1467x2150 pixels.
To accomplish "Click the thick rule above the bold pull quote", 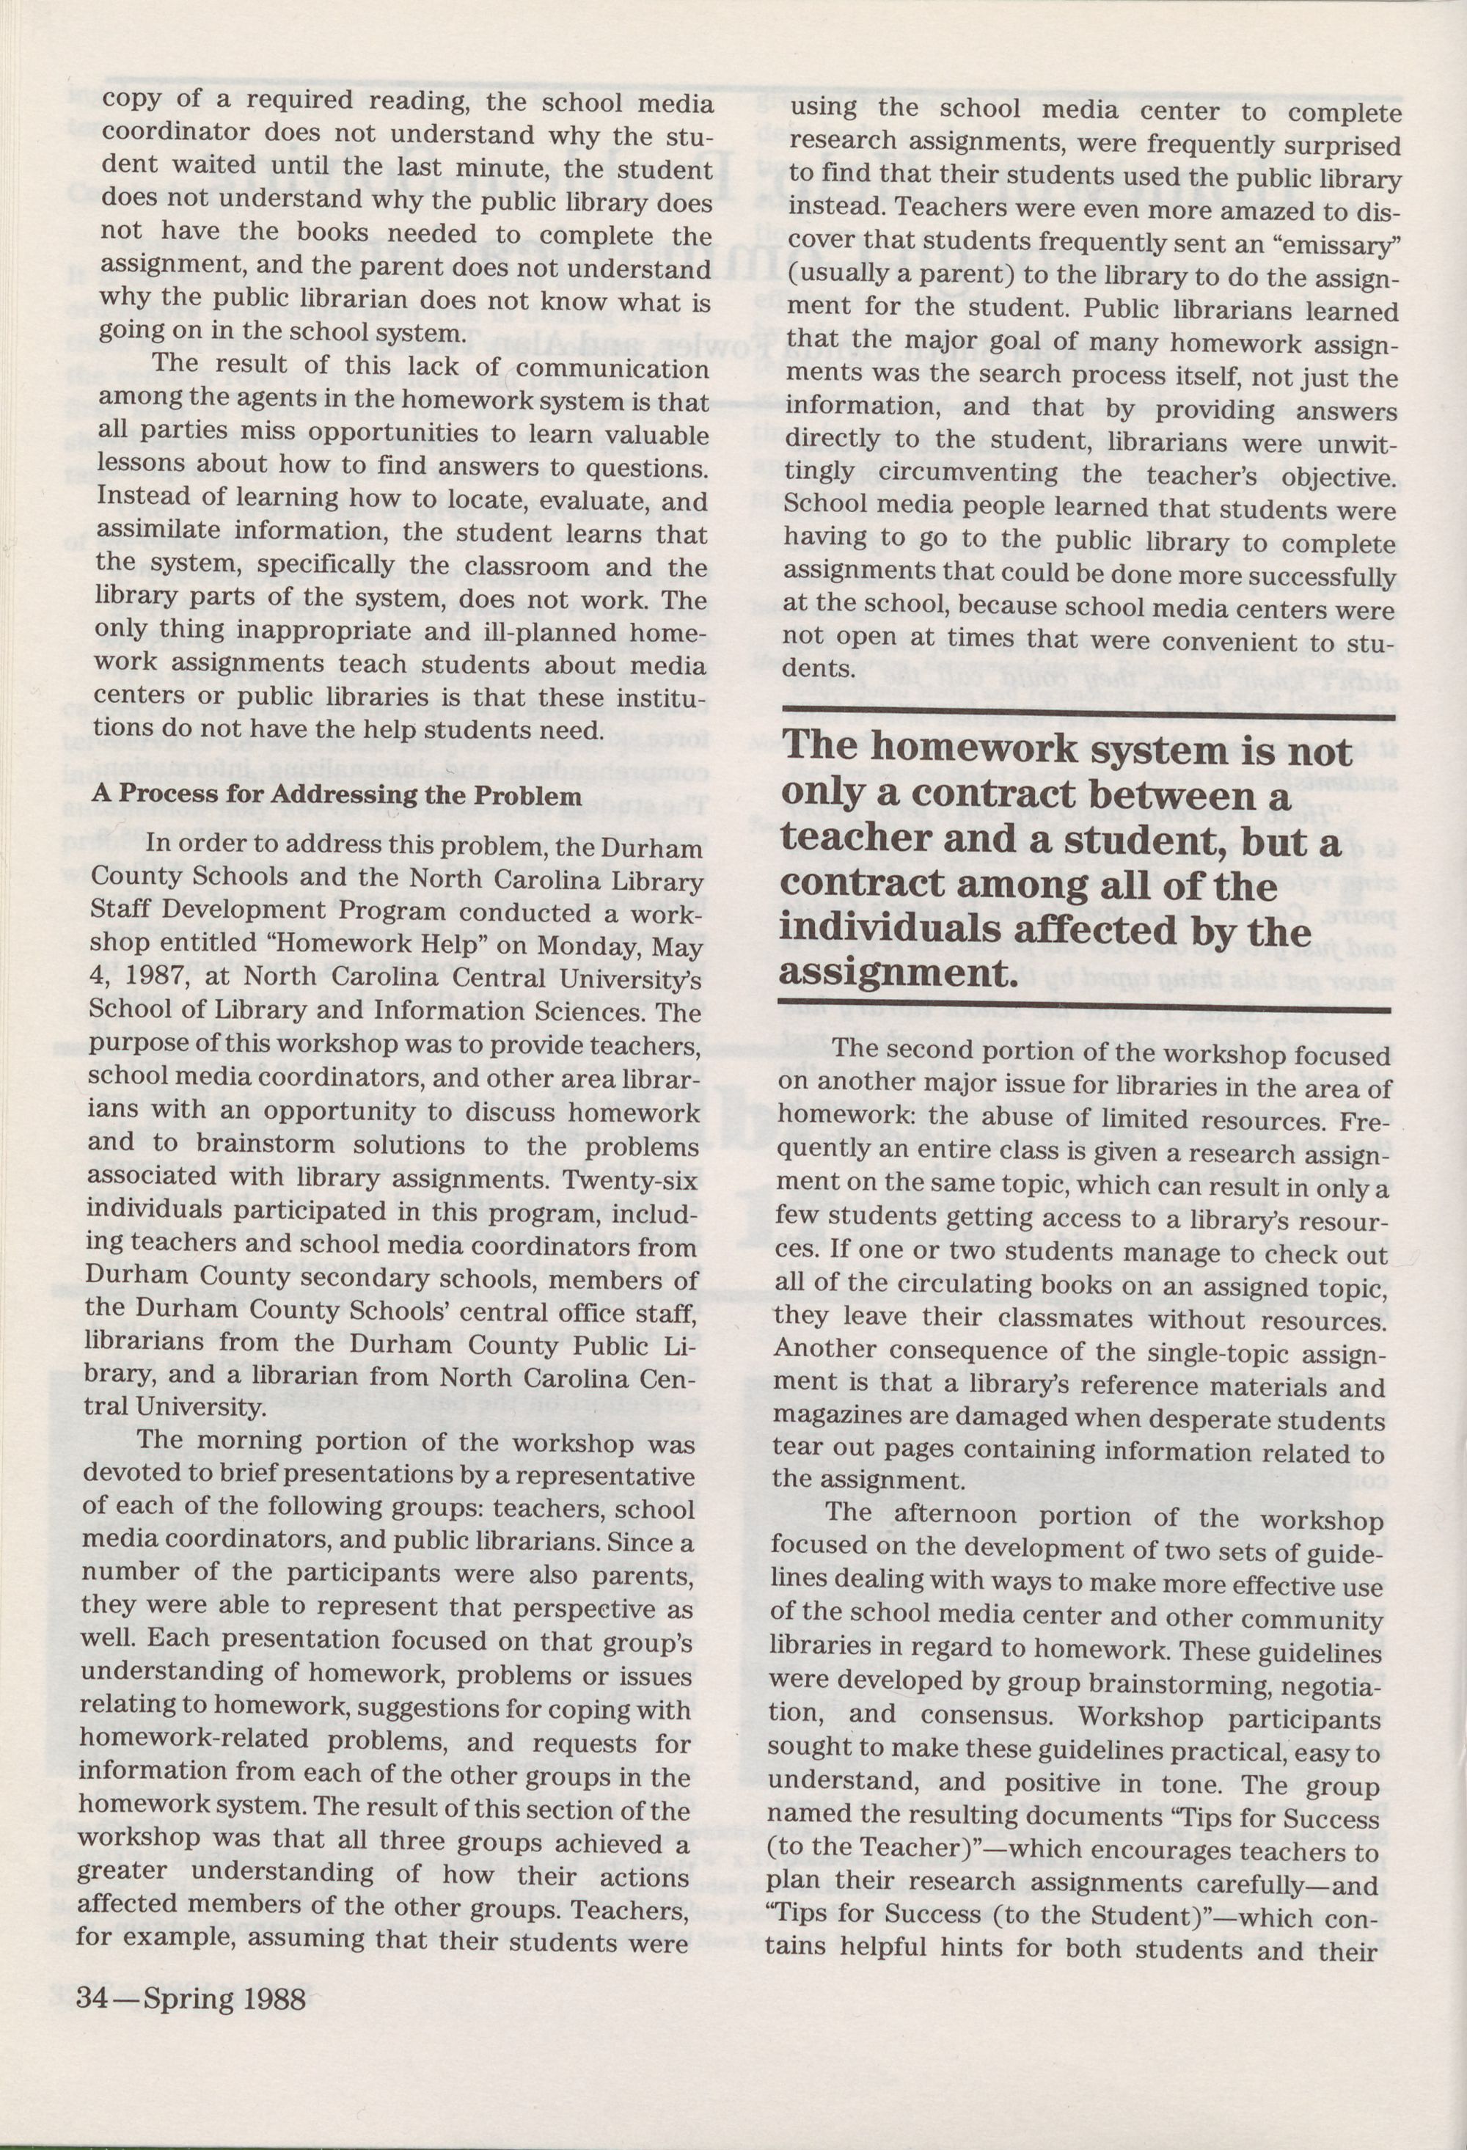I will pos(1087,712).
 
